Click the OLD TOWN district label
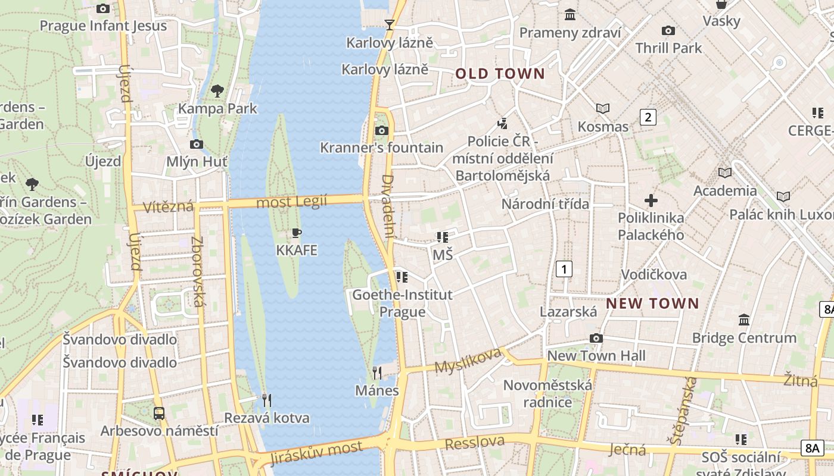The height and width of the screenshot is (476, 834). [x=500, y=74]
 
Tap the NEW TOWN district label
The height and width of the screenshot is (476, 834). [x=652, y=303]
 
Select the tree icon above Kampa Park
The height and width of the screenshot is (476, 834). [x=217, y=91]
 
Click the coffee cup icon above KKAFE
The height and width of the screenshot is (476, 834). [x=296, y=233]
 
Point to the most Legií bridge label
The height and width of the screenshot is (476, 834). [x=291, y=202]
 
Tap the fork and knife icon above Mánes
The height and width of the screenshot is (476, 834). [x=376, y=373]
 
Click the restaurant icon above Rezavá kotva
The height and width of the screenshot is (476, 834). [x=266, y=400]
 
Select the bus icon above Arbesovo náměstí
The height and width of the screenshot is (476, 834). [x=159, y=413]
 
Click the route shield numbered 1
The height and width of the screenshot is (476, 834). [x=564, y=269]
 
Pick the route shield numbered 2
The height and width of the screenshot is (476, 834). [x=648, y=117]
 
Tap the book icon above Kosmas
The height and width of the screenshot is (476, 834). [x=603, y=109]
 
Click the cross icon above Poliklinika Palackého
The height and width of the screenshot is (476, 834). [x=651, y=201]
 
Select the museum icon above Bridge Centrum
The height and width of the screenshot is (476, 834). [x=744, y=320]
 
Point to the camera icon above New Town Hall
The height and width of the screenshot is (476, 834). [x=596, y=339]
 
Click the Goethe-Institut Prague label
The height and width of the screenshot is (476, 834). [x=402, y=303]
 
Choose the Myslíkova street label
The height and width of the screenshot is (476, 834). [x=468, y=360]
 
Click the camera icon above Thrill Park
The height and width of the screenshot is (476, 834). [x=668, y=30]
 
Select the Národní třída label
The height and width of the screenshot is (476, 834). [x=544, y=204]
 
